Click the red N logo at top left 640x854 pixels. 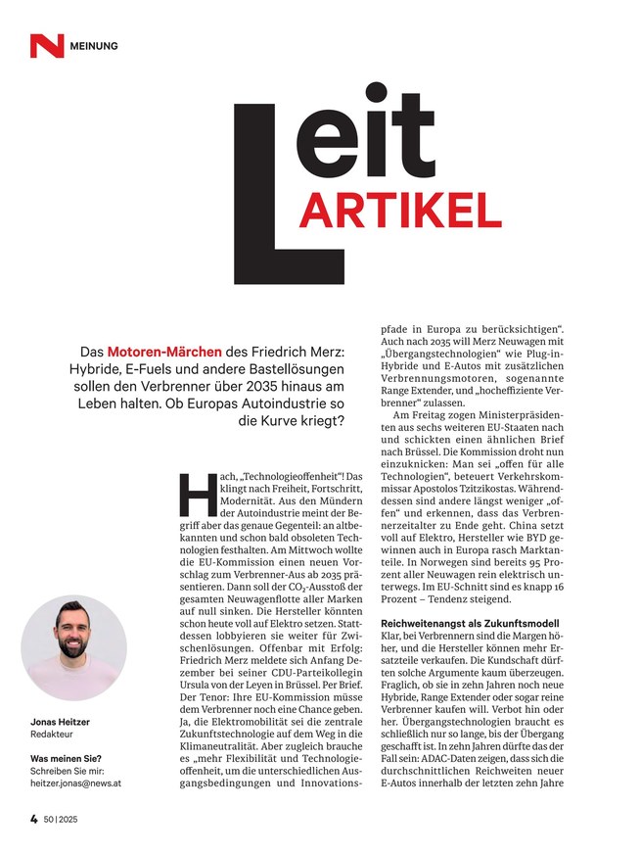click(46, 45)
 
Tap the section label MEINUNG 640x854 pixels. click(95, 46)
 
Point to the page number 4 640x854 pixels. click(32, 817)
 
